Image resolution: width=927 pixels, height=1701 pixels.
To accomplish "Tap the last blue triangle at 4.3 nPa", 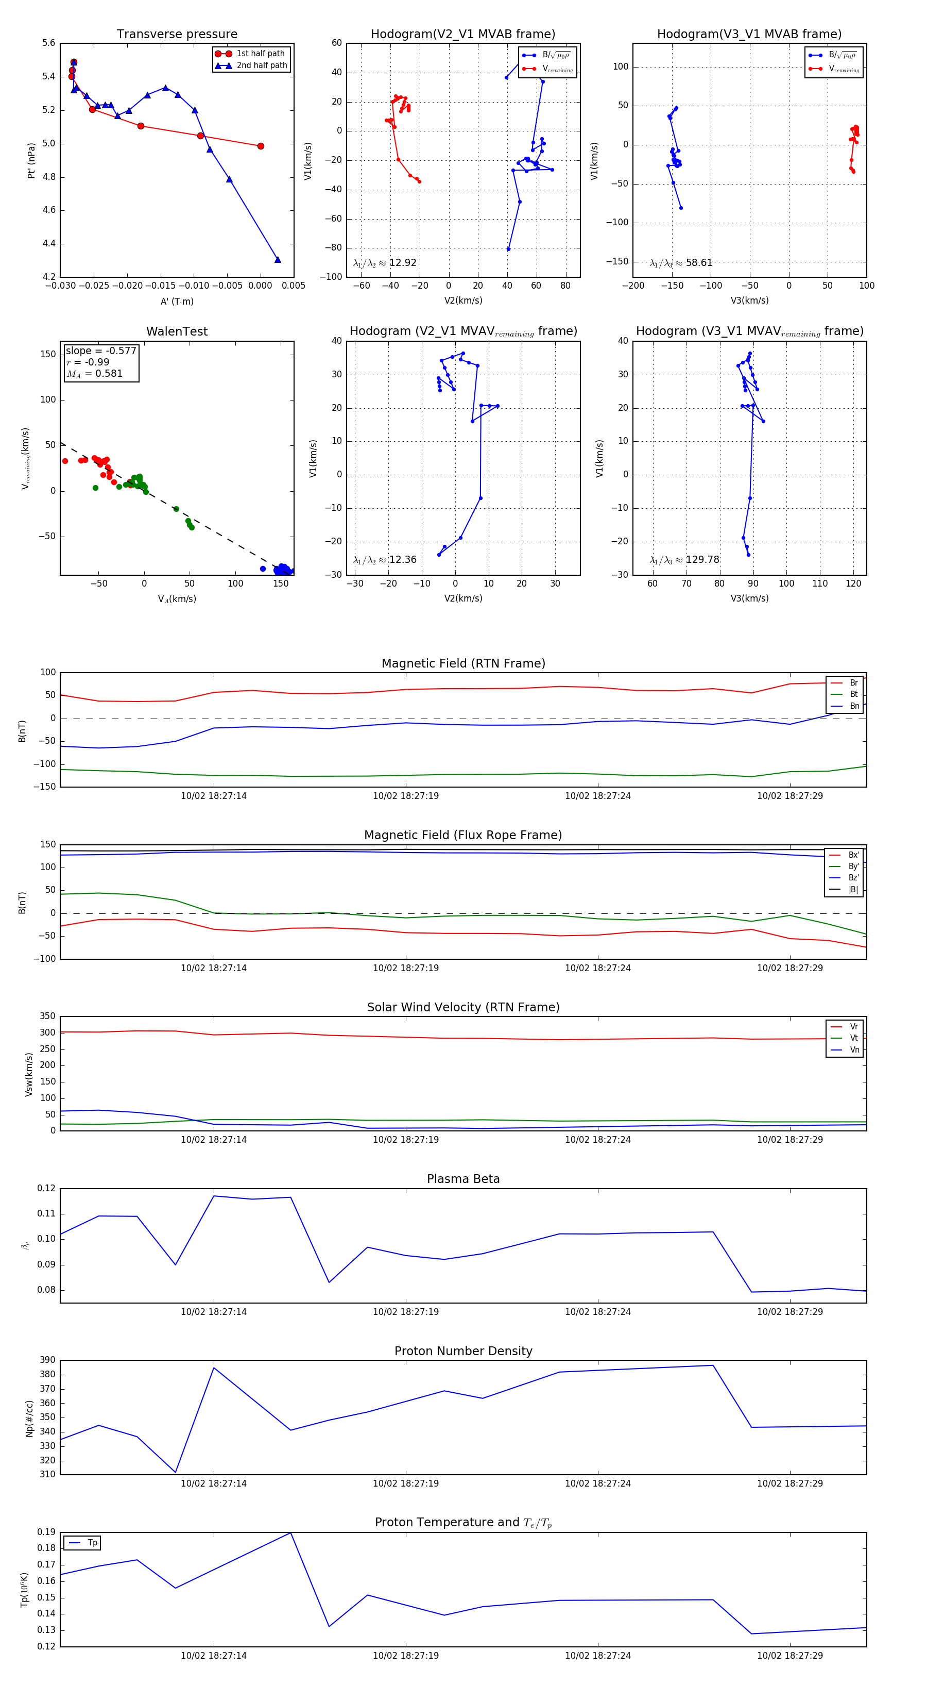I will [x=277, y=259].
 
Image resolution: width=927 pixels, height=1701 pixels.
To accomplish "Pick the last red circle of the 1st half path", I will [x=261, y=146].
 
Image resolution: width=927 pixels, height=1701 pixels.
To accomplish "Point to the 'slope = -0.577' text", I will [x=100, y=351].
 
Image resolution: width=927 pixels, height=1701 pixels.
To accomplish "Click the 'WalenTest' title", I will [x=177, y=331].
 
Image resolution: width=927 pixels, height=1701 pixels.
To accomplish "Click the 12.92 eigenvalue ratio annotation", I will [x=402, y=263].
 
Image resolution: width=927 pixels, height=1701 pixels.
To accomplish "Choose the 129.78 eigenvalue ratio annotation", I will [x=702, y=560].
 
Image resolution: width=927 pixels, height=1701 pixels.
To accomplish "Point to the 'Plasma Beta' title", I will [x=463, y=1179].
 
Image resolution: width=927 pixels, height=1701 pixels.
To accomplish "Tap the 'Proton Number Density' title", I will [x=463, y=1351].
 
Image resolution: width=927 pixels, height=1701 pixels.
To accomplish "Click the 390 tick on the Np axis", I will [x=47, y=1360].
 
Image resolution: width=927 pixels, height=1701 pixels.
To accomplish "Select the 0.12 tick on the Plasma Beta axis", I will [x=46, y=1189].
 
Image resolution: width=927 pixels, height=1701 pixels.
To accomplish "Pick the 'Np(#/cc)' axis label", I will [x=29, y=1419].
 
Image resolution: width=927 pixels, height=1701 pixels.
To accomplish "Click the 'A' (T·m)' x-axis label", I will [x=177, y=302].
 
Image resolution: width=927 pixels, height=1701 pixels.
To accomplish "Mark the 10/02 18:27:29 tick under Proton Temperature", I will [x=790, y=1656].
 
